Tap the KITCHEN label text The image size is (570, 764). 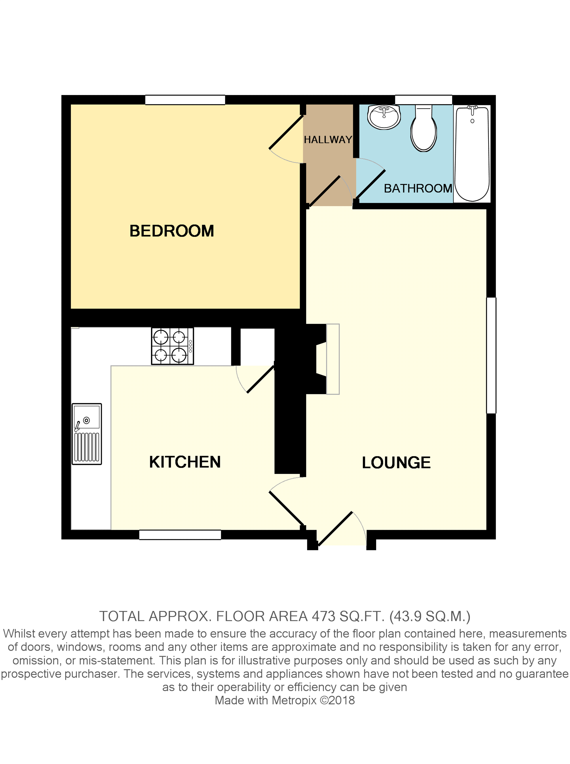185,462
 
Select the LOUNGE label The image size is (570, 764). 396,462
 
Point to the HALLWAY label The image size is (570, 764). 328,140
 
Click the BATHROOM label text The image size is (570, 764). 418,188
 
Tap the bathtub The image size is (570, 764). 472,153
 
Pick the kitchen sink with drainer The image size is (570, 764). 87,434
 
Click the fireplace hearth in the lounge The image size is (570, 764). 333,359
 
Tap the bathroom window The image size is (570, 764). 423,100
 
